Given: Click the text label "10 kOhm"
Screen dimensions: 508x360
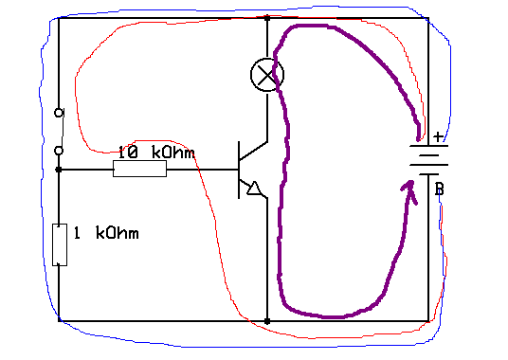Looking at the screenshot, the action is click(156, 153).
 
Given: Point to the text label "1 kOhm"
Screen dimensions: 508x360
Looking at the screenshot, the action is click(106, 233).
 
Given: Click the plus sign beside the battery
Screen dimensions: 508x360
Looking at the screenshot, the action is click(439, 136).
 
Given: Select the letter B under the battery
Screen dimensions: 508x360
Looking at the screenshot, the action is click(440, 189).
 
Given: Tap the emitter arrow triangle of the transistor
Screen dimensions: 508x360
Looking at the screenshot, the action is click(254, 189).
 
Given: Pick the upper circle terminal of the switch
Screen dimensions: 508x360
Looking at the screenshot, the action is click(59, 113).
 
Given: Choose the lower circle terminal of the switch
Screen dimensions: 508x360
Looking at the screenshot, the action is click(59, 151).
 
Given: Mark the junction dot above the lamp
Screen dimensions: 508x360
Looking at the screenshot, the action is click(267, 18).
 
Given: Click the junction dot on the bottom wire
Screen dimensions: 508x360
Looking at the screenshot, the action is click(267, 321).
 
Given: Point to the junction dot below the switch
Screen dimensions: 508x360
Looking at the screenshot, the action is click(59, 170).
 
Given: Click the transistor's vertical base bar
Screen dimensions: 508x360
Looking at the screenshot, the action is click(239, 170).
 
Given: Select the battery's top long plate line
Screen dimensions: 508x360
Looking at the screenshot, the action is click(429, 146).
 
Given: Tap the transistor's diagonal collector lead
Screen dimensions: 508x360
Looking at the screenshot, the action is click(253, 151).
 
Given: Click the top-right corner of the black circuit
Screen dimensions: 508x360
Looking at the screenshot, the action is click(428, 18).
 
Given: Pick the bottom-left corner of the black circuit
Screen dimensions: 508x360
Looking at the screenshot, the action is click(59, 321).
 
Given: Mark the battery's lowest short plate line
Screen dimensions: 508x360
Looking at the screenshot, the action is click(429, 174).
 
